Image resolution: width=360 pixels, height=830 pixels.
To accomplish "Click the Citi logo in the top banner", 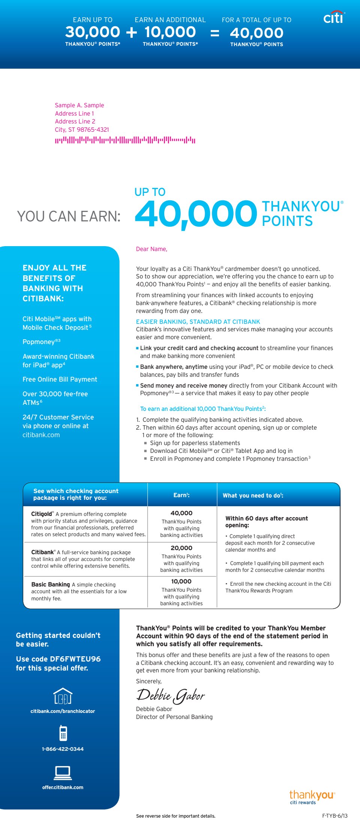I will (x=333, y=17).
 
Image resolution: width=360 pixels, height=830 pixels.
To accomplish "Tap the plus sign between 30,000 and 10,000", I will (x=132, y=33).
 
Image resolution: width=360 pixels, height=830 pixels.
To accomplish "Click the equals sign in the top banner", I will (x=214, y=33).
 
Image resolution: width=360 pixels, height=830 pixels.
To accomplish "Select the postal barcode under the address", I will (x=125, y=140).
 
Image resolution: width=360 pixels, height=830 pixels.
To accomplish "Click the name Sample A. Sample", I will (x=79, y=105).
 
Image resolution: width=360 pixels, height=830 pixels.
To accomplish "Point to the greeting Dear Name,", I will (x=151, y=249).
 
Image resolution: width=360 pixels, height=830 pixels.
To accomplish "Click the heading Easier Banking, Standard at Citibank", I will (x=198, y=322).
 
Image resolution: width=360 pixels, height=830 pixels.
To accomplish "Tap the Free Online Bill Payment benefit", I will (x=60, y=379).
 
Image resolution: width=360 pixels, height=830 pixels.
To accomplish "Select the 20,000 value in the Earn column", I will (x=181, y=548).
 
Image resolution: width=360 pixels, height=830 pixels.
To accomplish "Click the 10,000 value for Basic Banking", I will (x=181, y=581).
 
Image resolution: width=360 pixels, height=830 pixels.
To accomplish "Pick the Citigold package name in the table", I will (x=42, y=514).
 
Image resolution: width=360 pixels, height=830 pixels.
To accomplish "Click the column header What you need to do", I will (x=253, y=496).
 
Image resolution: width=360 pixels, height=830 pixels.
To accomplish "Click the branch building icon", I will (x=63, y=696).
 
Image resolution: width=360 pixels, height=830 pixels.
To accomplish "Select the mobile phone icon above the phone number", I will (x=63, y=733).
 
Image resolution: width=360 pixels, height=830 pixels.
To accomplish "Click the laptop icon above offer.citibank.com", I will (x=63, y=773).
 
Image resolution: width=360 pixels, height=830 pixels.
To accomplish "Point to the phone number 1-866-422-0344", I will (x=63, y=749).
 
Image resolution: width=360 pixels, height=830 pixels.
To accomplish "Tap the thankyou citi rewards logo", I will (x=312, y=797).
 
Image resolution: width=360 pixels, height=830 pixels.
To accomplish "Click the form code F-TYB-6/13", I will (x=334, y=816).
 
